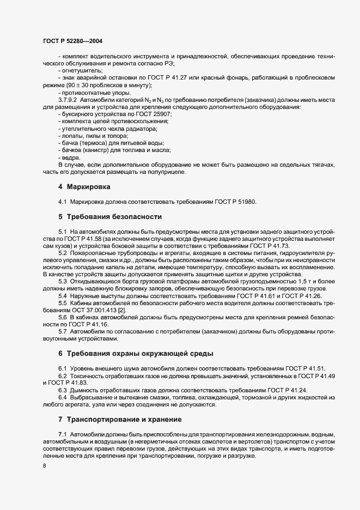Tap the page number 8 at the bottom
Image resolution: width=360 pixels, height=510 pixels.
(x=44, y=466)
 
